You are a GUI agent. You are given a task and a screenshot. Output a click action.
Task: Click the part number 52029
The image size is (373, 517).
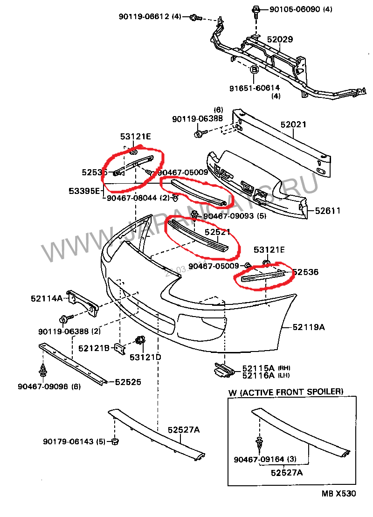(280, 40)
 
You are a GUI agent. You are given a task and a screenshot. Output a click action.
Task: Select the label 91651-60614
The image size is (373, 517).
(254, 88)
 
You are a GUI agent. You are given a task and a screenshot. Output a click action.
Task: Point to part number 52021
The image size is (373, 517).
(293, 124)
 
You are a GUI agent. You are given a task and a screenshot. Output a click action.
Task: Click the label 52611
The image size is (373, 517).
(328, 211)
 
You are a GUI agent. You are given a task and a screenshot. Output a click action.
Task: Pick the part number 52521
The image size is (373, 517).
(218, 232)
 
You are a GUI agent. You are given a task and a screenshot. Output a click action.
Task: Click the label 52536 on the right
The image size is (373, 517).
(305, 272)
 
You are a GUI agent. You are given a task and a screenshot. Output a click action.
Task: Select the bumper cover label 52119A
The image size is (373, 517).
(309, 327)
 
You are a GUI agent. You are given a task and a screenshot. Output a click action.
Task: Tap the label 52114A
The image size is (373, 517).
(47, 298)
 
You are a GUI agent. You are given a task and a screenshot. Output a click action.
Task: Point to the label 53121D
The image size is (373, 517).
(145, 358)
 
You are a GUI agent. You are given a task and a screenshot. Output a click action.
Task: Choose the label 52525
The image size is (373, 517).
(128, 382)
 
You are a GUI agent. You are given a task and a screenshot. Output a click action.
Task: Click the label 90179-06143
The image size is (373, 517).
(69, 441)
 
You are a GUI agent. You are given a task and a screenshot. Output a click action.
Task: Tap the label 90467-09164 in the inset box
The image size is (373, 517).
(259, 459)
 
